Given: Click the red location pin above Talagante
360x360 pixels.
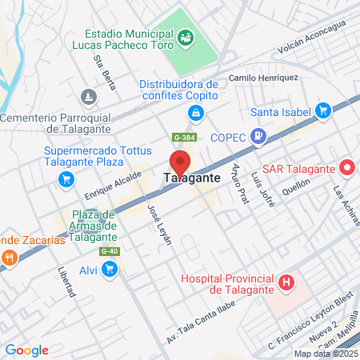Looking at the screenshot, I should click(x=180, y=162).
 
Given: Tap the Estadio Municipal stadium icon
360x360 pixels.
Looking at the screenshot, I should click(x=186, y=36).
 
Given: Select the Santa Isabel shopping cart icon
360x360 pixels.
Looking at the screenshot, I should click(x=323, y=110).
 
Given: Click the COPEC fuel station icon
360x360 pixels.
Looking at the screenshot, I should click(x=258, y=137).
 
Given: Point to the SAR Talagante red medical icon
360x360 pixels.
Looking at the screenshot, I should click(x=347, y=169).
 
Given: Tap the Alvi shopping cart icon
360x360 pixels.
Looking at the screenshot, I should click(x=110, y=270).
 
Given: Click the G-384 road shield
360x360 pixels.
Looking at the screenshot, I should click(x=182, y=138).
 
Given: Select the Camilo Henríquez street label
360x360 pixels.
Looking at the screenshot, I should click(x=263, y=78).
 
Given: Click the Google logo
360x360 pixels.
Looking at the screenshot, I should click(x=26, y=350).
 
